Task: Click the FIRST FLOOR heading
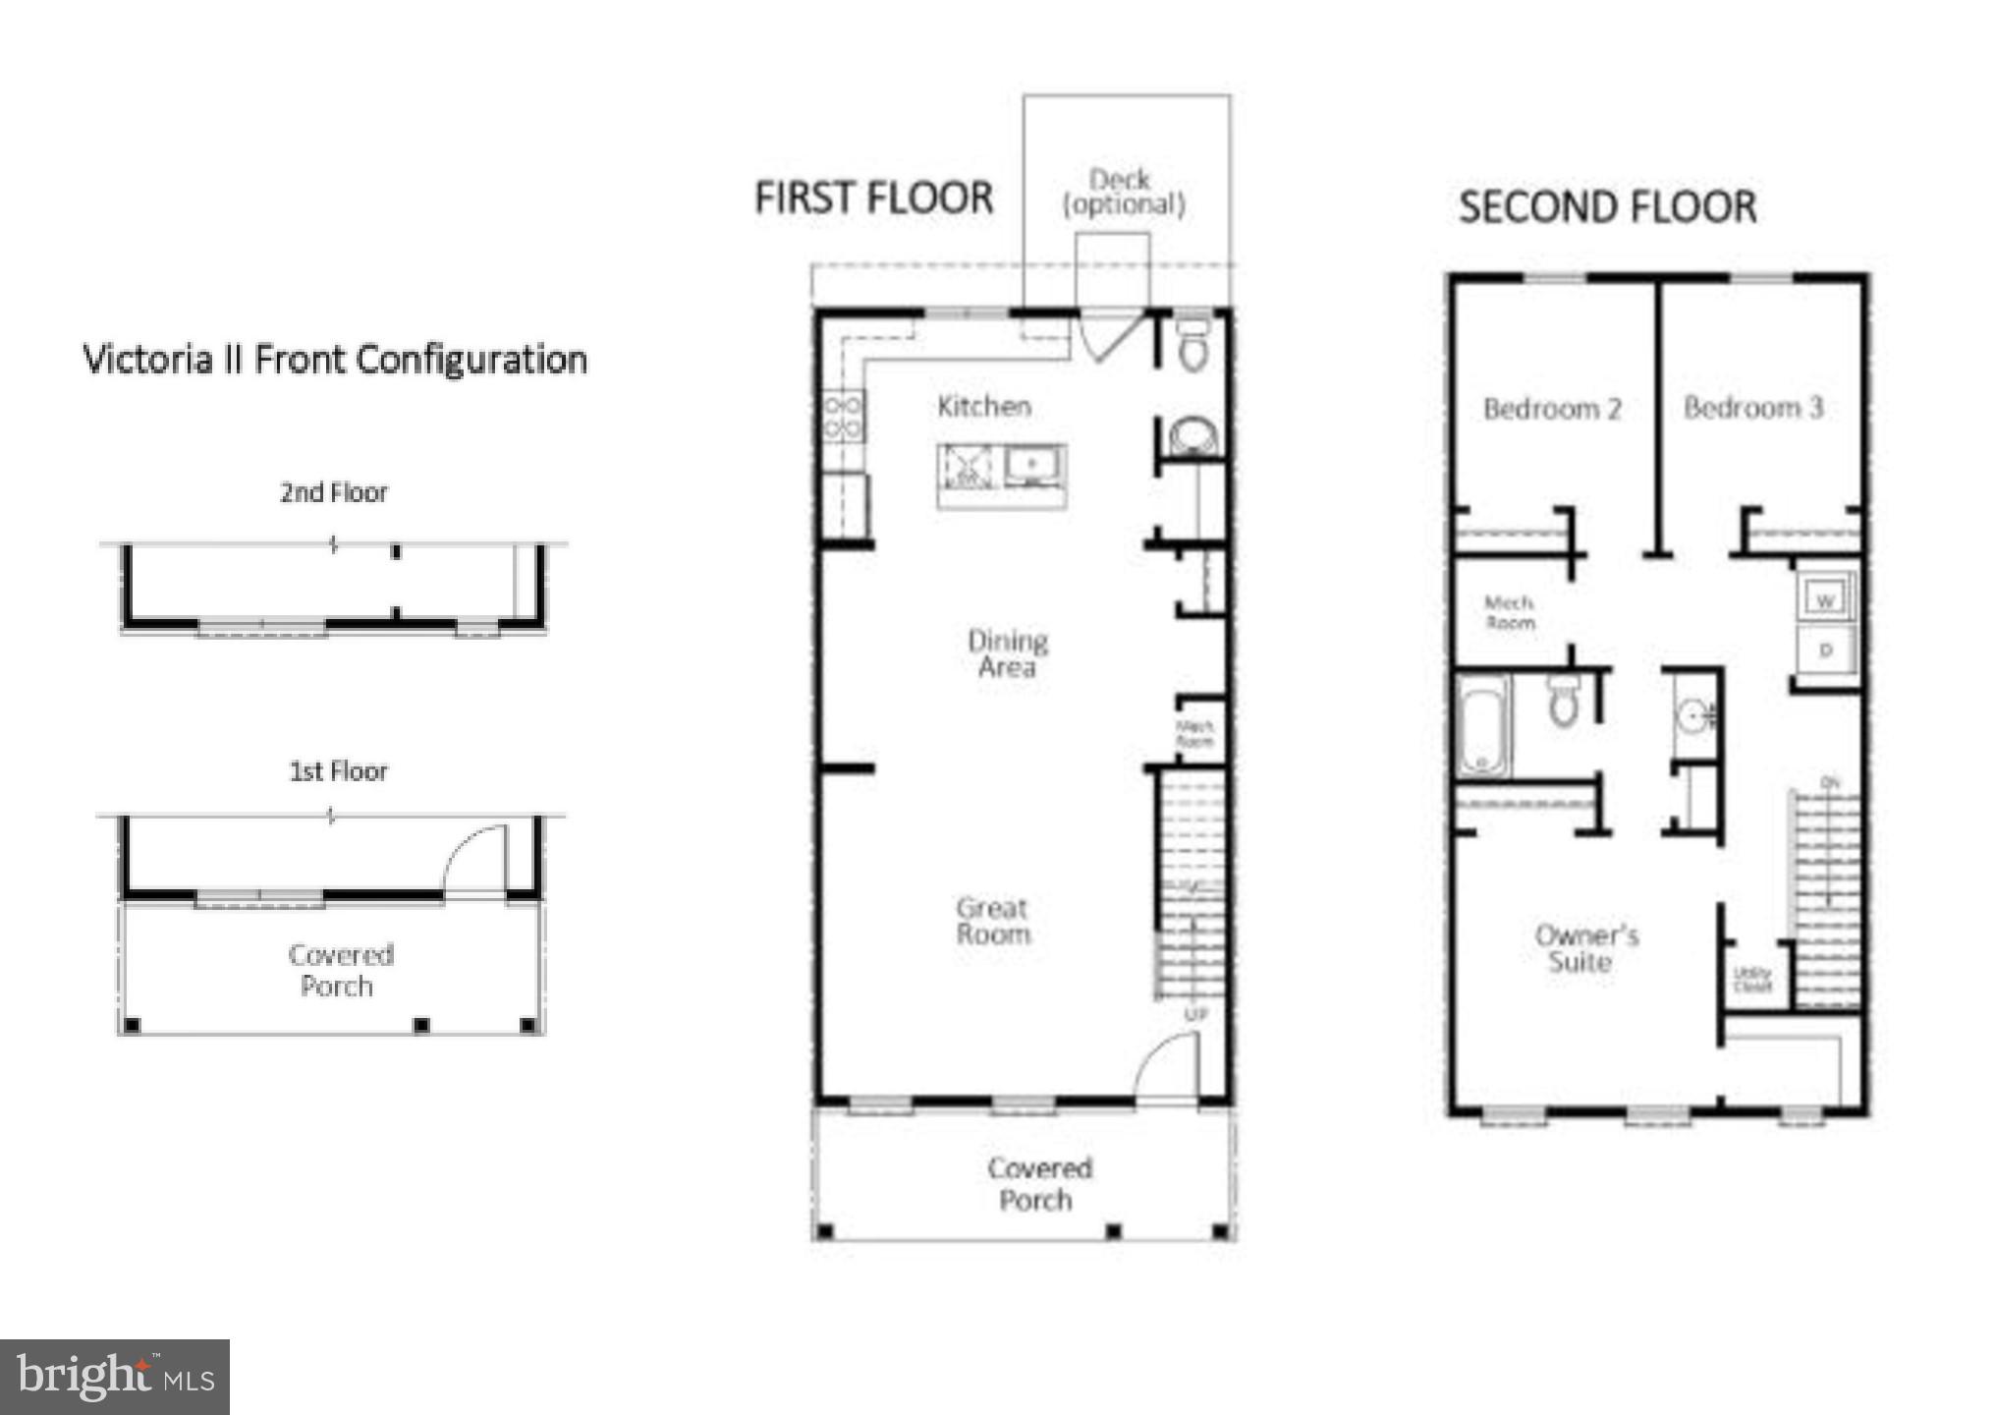tap(873, 198)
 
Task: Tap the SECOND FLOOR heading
tap(1607, 207)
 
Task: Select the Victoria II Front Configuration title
tap(335, 360)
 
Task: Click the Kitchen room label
tap(983, 406)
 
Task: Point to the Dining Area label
tap(1007, 653)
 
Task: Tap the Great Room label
tap(993, 921)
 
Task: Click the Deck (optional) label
tap(1124, 193)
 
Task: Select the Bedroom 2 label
tap(1551, 409)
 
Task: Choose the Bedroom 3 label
tap(1752, 407)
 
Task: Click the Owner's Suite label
tap(1585, 948)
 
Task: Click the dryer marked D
tap(1825, 650)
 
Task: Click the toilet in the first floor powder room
tap(1193, 347)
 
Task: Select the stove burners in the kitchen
tap(843, 416)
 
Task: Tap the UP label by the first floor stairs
tap(1195, 1014)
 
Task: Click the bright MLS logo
tap(114, 1377)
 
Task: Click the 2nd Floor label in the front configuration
tap(334, 492)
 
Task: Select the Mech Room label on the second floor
tap(1509, 612)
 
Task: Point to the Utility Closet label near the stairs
tap(1752, 979)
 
